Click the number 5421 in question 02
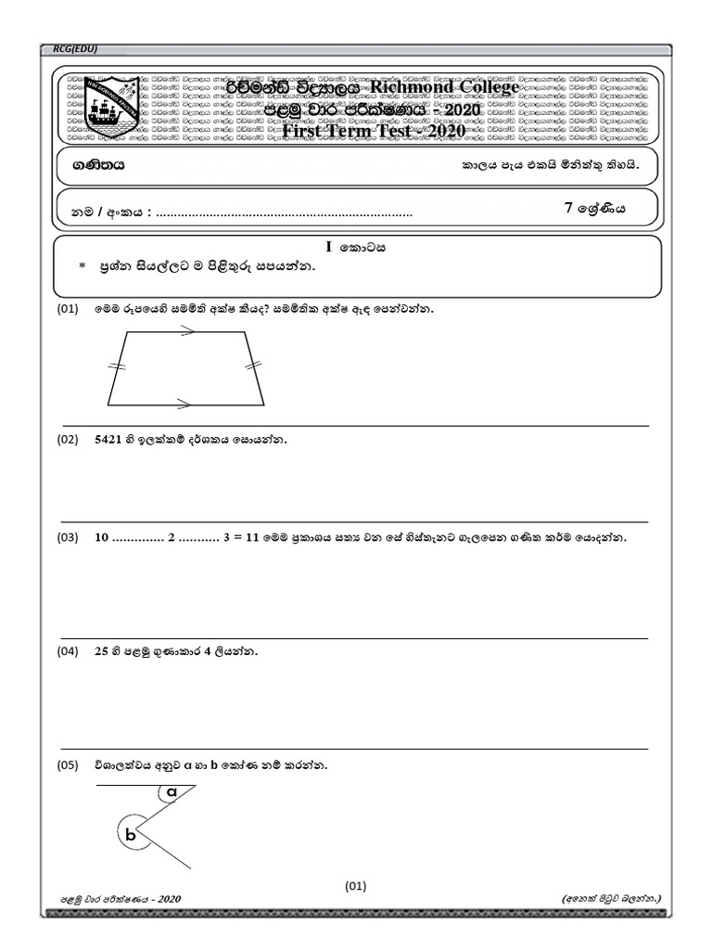point(109,441)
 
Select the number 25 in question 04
point(102,652)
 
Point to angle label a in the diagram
point(172,791)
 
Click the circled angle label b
point(131,836)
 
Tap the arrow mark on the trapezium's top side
point(186,335)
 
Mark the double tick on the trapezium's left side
point(117,368)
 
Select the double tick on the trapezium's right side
point(252,367)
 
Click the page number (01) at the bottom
point(356,885)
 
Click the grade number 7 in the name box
point(569,209)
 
